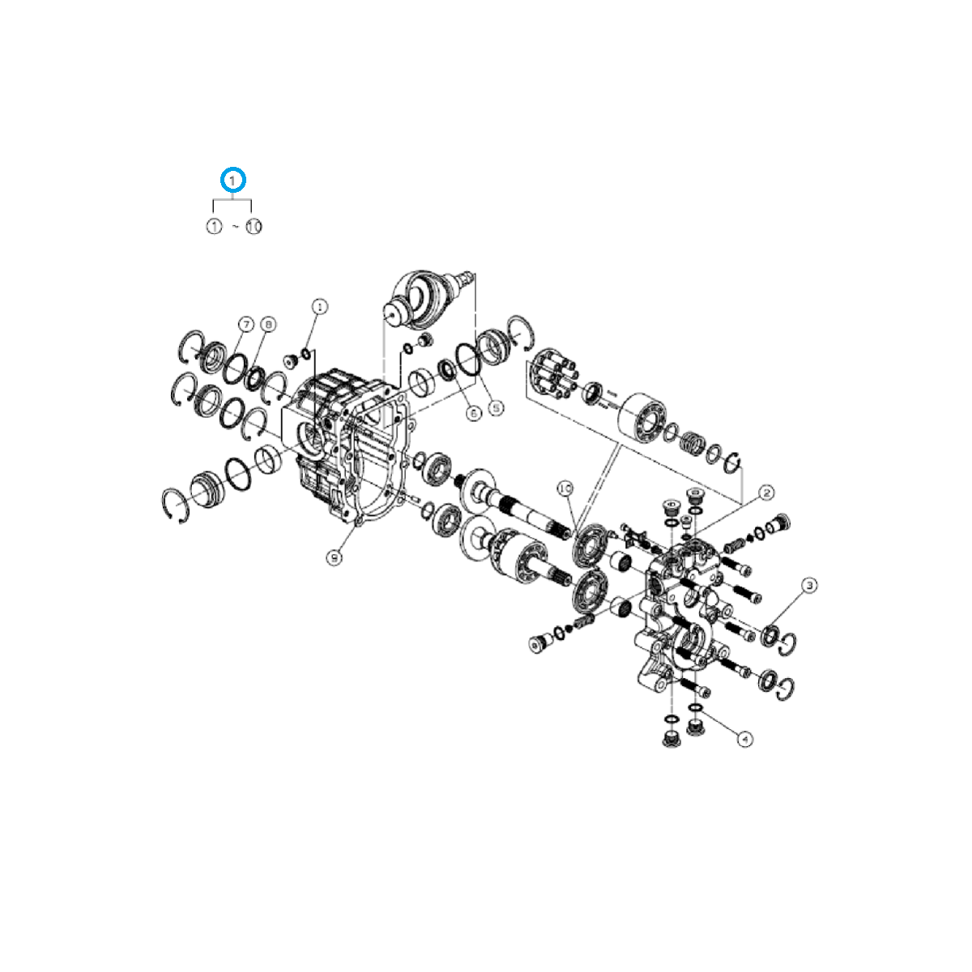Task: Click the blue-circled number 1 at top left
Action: [233, 179]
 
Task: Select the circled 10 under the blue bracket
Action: [254, 227]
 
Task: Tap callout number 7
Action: [245, 324]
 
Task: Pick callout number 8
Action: [268, 324]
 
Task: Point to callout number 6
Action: [474, 412]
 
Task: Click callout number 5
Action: [496, 408]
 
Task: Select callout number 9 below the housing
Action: [335, 556]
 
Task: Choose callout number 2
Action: [765, 492]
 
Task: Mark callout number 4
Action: [745, 739]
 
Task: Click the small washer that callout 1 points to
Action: [306, 352]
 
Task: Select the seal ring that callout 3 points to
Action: [769, 633]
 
